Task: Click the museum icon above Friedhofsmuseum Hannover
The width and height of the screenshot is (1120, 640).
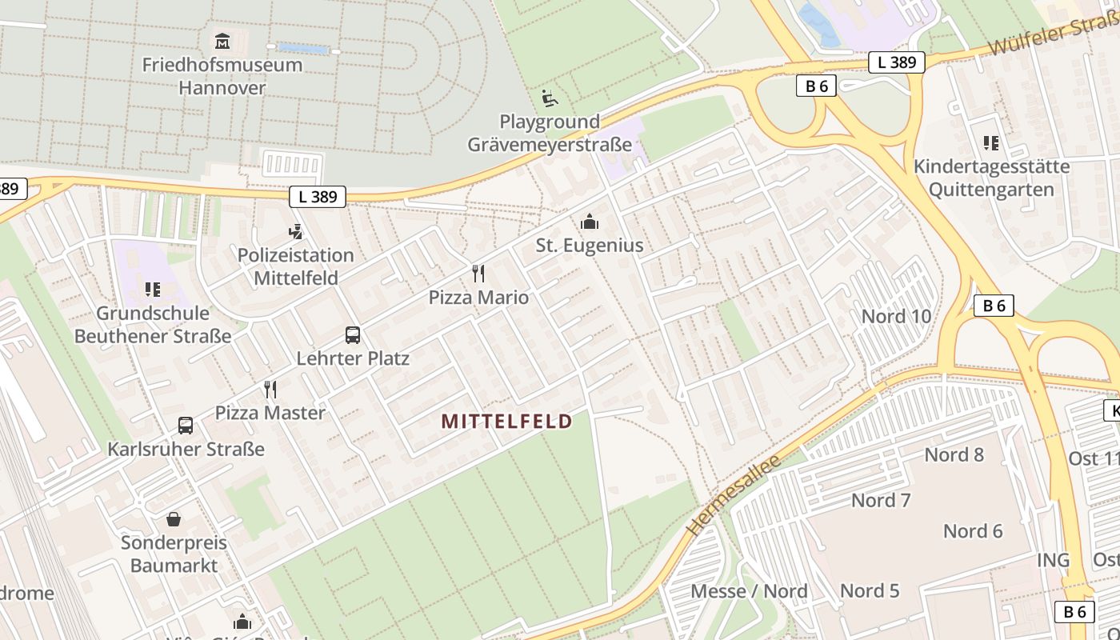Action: (222, 41)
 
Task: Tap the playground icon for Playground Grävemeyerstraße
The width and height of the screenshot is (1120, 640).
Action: (550, 98)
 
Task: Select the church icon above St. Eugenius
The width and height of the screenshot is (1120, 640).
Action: (590, 222)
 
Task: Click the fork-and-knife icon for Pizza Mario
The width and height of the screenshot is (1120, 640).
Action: (478, 274)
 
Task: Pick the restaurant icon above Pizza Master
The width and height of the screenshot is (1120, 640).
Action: (270, 390)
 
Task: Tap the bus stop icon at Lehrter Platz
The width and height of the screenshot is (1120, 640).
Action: (353, 334)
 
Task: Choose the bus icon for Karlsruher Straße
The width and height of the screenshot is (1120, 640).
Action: (186, 426)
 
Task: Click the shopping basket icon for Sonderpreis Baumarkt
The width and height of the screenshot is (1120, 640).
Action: (174, 519)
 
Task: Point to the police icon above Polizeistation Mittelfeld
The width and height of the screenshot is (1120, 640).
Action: (295, 232)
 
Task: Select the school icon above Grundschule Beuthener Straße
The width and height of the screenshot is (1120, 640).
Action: (153, 290)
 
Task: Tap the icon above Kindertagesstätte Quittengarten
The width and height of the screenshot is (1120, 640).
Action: (991, 143)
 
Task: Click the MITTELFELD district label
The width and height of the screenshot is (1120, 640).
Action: (507, 421)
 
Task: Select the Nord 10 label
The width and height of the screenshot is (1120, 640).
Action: (896, 316)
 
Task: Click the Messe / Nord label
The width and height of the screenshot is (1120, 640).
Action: (749, 591)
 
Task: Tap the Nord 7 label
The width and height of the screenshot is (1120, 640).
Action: (881, 501)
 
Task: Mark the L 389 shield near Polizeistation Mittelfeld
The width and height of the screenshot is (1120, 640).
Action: (318, 196)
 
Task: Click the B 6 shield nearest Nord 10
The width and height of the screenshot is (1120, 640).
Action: (994, 306)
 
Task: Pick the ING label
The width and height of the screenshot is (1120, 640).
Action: (1054, 560)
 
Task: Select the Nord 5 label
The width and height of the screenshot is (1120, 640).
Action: (870, 591)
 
